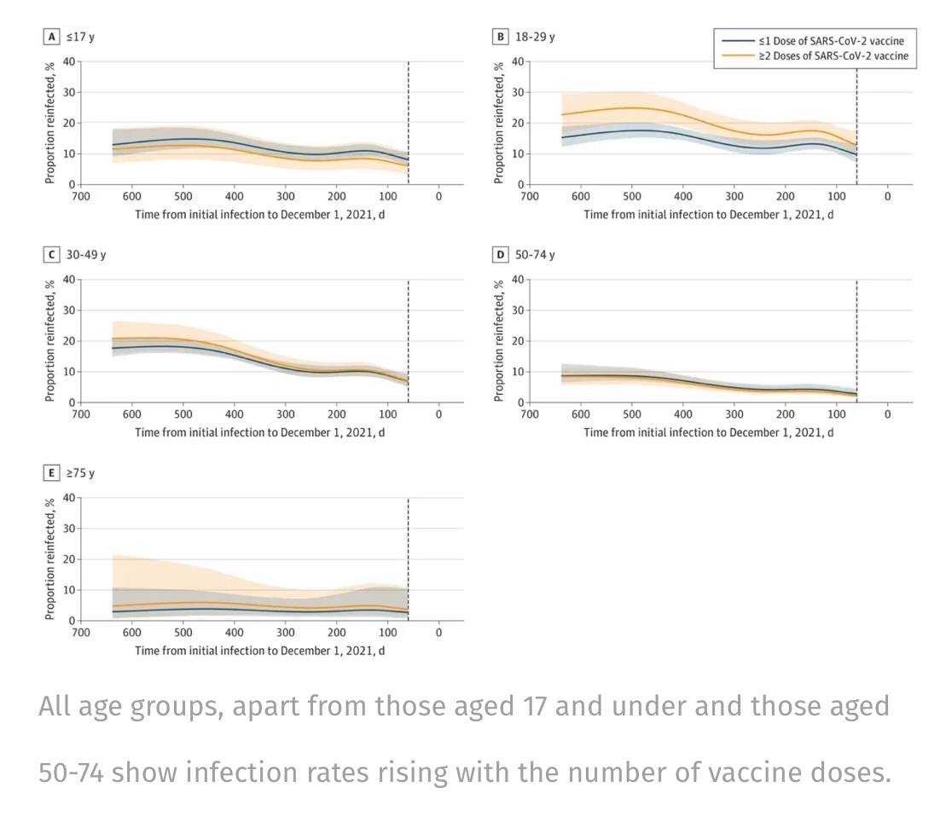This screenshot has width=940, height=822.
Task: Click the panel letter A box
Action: tap(52, 37)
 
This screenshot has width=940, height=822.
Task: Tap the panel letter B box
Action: tap(501, 37)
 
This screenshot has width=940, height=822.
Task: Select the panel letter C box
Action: tap(52, 255)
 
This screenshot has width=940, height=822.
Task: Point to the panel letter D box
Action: tap(501, 255)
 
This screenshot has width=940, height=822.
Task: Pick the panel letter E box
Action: tap(52, 473)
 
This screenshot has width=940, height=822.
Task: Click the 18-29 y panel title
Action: tap(535, 37)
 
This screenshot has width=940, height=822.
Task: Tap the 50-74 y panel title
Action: tap(535, 255)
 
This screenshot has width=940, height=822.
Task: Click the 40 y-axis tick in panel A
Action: tap(67, 61)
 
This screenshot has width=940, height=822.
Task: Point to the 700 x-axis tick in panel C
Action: tap(80, 414)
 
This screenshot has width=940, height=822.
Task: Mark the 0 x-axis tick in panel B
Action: tap(887, 195)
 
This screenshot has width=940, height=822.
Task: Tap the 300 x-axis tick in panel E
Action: tap(285, 632)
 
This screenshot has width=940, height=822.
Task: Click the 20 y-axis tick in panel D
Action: tap(515, 341)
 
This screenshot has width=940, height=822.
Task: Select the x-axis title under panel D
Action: tap(708, 432)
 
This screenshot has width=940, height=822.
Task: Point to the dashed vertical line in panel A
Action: tap(408, 119)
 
